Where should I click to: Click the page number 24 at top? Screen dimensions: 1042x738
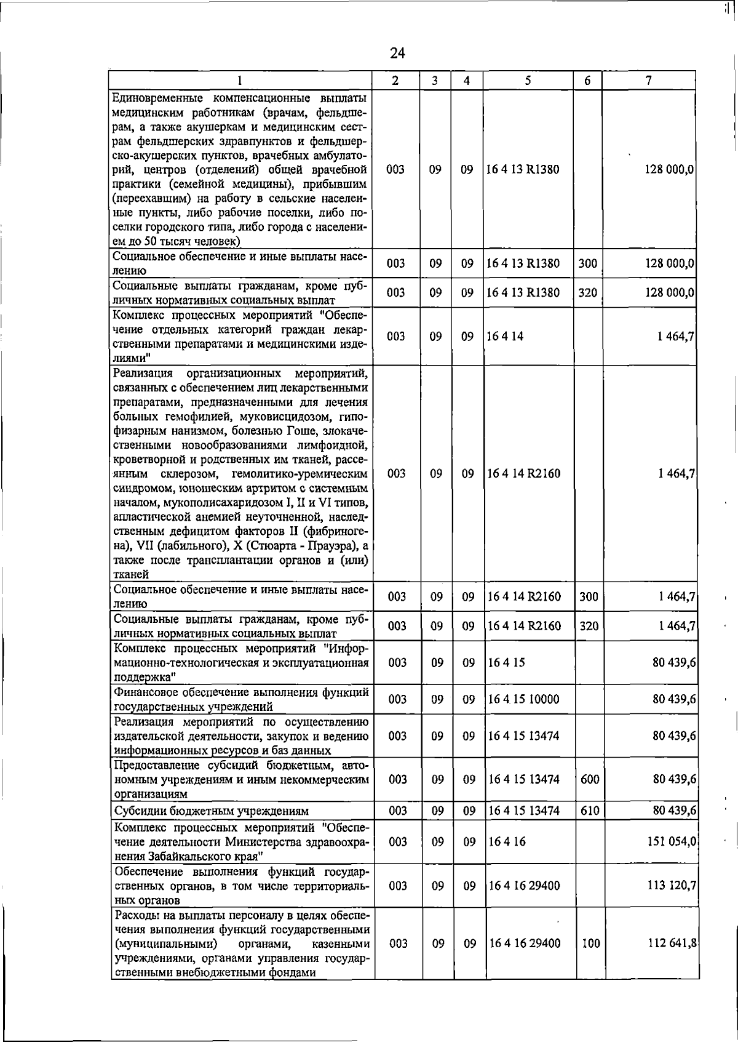(x=397, y=54)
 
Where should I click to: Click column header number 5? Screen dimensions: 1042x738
(x=528, y=81)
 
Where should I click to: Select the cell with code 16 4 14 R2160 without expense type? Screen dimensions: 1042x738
(x=524, y=474)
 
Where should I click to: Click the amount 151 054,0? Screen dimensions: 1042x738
(x=672, y=841)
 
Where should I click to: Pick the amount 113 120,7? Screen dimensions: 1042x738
(x=672, y=885)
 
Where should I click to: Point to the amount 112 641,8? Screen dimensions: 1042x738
(x=672, y=943)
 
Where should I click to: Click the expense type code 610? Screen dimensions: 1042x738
(x=589, y=811)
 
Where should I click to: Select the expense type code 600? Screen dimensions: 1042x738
(x=589, y=779)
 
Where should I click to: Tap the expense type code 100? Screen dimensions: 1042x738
(x=590, y=943)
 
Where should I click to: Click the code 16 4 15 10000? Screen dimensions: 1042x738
(x=523, y=699)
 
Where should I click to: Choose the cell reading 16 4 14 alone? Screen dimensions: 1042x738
(x=505, y=337)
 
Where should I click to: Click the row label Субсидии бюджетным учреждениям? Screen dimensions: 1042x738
(x=212, y=811)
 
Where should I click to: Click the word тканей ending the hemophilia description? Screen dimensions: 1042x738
(x=131, y=575)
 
